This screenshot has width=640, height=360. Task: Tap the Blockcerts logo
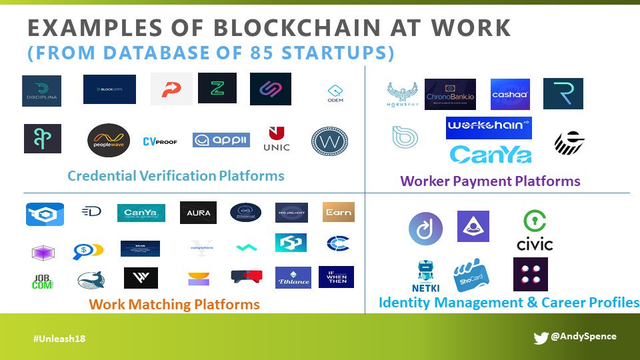pyautogui.click(x=109, y=89)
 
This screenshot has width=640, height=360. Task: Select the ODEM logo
pyautogui.click(x=334, y=93)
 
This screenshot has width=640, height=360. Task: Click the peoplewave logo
pyautogui.click(x=109, y=140)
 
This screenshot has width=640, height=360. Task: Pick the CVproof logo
pyautogui.click(x=160, y=141)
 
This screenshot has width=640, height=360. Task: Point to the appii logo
pyautogui.click(x=221, y=140)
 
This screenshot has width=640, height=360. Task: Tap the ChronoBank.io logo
pyautogui.click(x=450, y=94)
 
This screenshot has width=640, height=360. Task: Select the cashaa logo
pyautogui.click(x=510, y=94)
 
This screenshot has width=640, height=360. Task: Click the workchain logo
pyautogui.click(x=489, y=126)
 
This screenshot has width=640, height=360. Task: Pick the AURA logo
pyautogui.click(x=198, y=213)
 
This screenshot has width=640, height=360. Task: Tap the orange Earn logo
pyautogui.click(x=338, y=212)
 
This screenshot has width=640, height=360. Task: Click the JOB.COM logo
pyautogui.click(x=42, y=281)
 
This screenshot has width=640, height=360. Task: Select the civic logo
pyautogui.click(x=535, y=231)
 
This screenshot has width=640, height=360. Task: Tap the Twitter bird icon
pyautogui.click(x=541, y=338)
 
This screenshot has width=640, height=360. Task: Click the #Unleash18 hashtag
pyautogui.click(x=59, y=339)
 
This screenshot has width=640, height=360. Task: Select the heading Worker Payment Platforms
pyautogui.click(x=490, y=181)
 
